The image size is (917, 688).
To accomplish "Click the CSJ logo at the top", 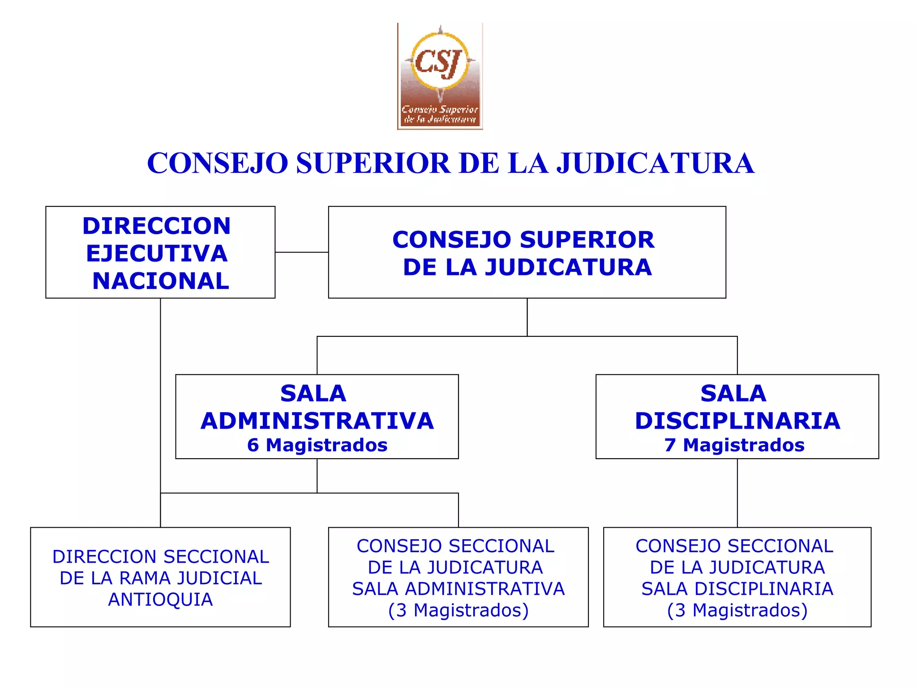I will (x=440, y=76).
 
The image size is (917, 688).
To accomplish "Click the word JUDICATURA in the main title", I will (x=655, y=163).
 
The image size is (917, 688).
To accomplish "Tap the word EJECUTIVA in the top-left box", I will (x=157, y=254).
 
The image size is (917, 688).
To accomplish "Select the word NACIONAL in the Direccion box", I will (x=161, y=281).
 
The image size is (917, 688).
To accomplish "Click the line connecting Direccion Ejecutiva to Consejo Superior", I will (x=301, y=252).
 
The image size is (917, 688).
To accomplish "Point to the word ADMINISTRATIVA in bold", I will (x=317, y=421).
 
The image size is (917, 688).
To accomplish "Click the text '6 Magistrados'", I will (x=317, y=445).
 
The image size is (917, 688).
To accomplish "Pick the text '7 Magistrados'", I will (x=734, y=445).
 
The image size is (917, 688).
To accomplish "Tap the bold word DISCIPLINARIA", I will (x=737, y=421).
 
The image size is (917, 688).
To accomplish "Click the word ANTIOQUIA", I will (x=160, y=600).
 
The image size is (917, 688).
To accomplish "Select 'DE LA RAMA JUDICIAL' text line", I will (x=160, y=578).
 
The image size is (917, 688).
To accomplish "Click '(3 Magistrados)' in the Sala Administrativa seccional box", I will (x=458, y=611).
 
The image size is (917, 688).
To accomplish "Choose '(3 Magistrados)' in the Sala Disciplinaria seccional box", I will (x=737, y=611).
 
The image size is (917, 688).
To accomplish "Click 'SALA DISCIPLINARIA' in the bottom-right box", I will (x=737, y=589).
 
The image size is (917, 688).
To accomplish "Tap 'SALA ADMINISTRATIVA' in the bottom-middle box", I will (x=458, y=589).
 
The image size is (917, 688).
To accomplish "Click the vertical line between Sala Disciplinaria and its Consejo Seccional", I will (x=737, y=493).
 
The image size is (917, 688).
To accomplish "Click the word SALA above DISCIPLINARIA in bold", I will (x=733, y=394).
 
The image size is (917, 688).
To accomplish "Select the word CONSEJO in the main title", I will (x=218, y=163).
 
